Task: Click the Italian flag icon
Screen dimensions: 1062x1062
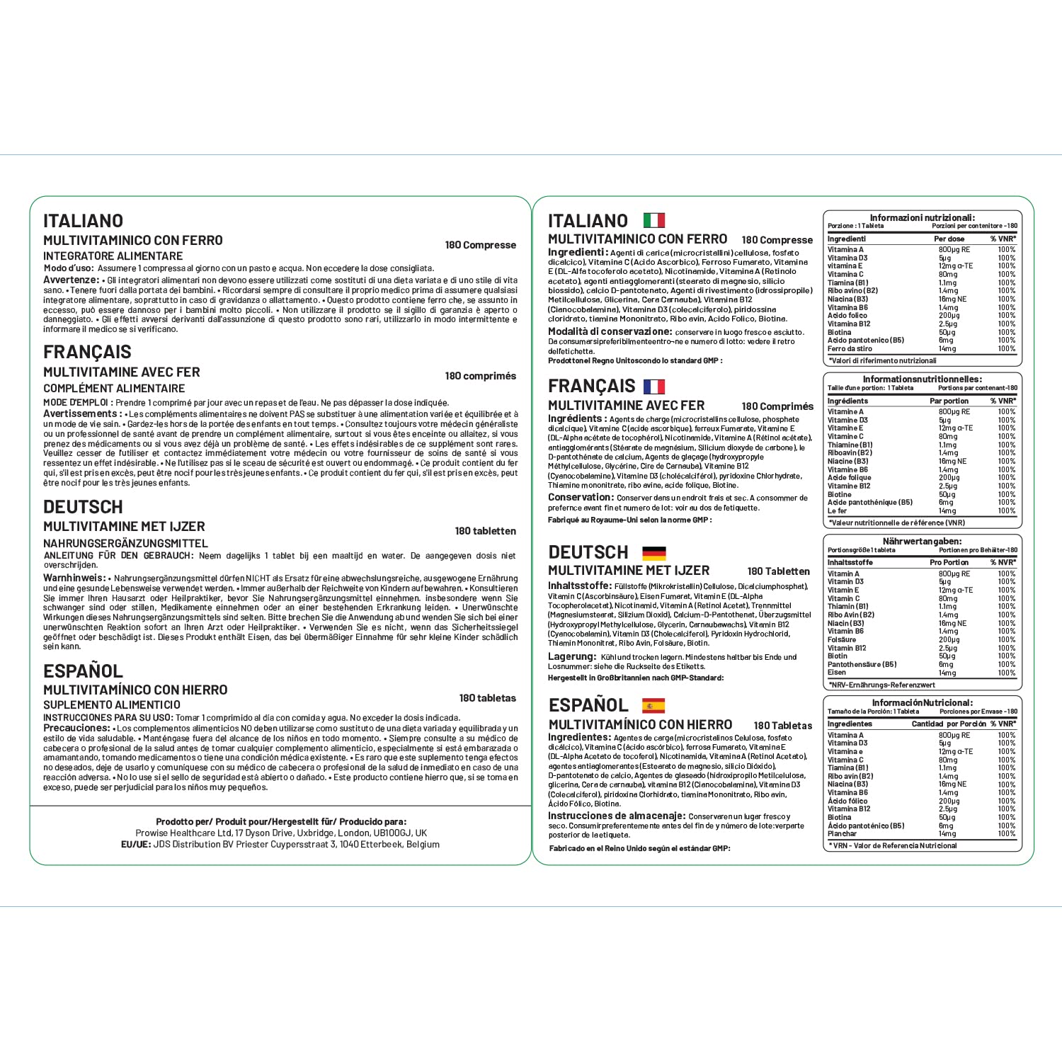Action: [x=653, y=220]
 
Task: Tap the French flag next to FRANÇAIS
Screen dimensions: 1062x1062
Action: [x=653, y=387]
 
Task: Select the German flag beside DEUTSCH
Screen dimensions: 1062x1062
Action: [x=653, y=553]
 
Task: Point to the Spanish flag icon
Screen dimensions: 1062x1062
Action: [x=653, y=705]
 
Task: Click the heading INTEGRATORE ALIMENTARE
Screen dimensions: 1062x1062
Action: [x=113, y=256]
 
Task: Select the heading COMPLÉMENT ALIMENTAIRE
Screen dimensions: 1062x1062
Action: [x=114, y=389]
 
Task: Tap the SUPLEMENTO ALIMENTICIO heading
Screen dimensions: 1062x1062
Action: [x=112, y=705]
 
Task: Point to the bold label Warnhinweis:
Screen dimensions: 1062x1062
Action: [x=74, y=578]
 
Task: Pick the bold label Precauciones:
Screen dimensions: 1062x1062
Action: [x=76, y=728]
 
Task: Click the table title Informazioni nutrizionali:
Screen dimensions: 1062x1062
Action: [x=922, y=218]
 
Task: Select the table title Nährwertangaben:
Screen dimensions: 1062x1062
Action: [x=922, y=542]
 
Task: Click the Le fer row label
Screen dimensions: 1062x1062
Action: [x=837, y=510]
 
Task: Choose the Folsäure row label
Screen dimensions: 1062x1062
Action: [x=842, y=639]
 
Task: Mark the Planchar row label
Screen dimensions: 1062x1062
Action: [x=842, y=833]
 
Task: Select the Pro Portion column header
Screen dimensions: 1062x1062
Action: [x=949, y=562]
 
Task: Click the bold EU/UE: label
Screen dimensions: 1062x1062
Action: [x=136, y=845]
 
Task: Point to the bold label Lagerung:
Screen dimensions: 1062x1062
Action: [x=572, y=656]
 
